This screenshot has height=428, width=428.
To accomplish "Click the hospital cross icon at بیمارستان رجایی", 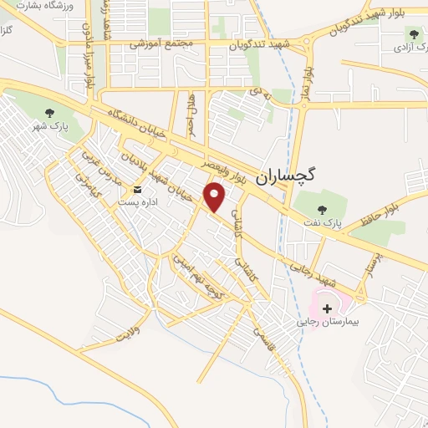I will (x=326, y=308).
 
